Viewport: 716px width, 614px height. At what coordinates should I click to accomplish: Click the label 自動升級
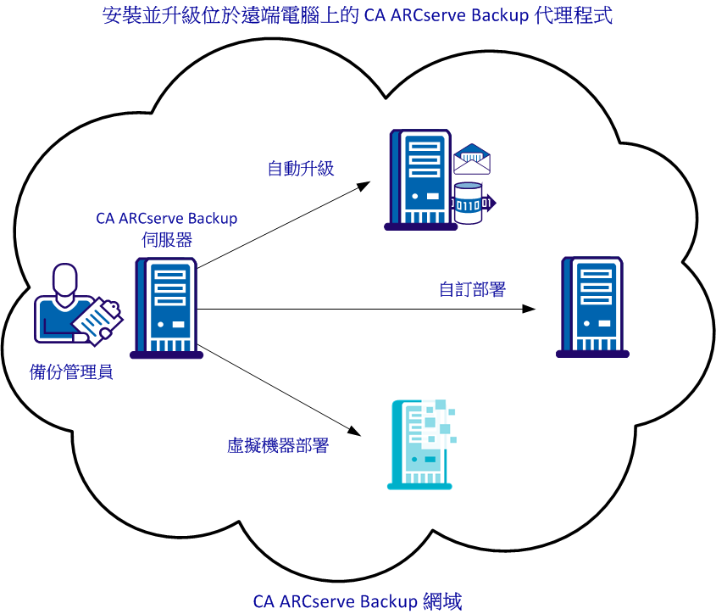click(x=301, y=168)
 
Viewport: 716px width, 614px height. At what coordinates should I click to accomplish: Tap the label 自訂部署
click(x=472, y=289)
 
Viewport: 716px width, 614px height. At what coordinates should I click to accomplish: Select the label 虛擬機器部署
click(x=278, y=446)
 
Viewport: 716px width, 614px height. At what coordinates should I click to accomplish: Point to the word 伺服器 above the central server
click(x=167, y=239)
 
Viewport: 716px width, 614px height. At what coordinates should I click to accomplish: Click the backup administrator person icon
click(x=63, y=301)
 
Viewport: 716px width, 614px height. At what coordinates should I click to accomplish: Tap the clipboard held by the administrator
click(x=97, y=321)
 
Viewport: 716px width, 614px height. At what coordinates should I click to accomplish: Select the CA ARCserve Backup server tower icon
click(x=166, y=309)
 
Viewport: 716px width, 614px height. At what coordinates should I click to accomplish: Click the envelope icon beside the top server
click(x=472, y=159)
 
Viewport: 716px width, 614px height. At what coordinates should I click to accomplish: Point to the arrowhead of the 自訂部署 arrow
click(x=530, y=309)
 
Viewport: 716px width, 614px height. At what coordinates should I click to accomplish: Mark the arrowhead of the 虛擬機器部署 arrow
click(x=355, y=432)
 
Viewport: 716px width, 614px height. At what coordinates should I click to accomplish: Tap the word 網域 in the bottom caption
click(x=441, y=602)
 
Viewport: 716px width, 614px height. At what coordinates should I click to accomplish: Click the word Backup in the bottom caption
click(x=389, y=602)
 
